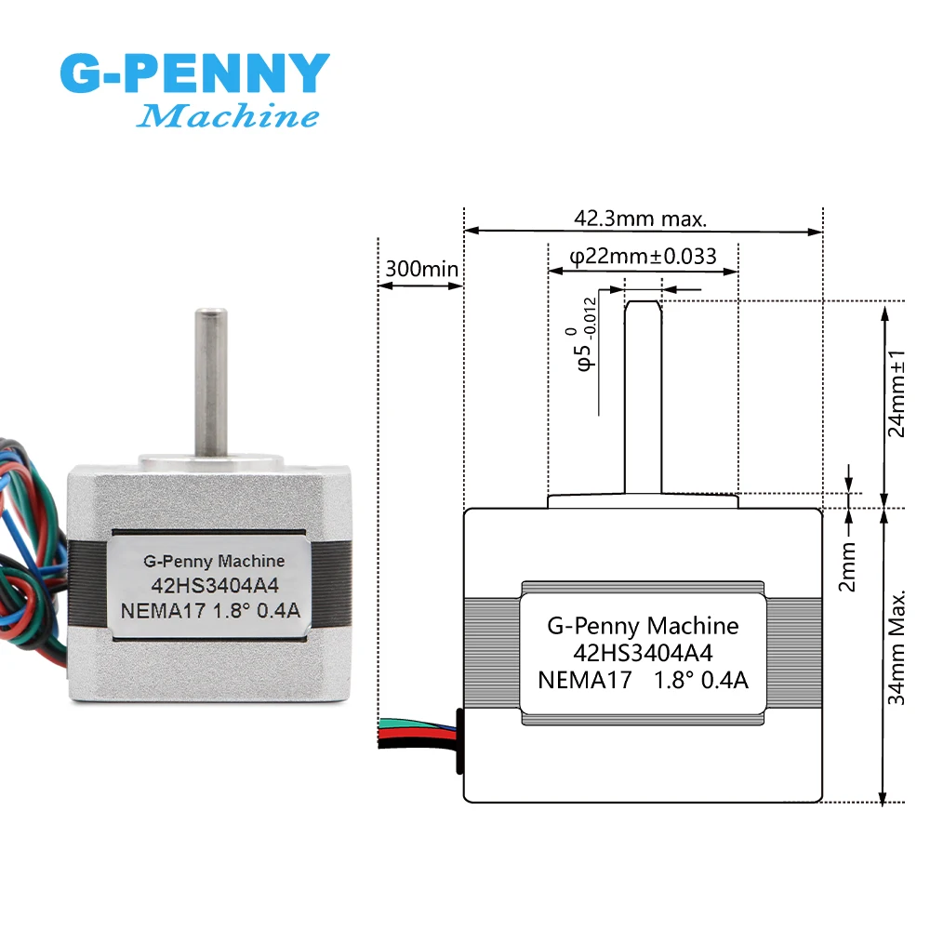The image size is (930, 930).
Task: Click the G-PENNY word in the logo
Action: pyautogui.click(x=194, y=73)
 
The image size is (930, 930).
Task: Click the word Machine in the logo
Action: pyautogui.click(x=229, y=117)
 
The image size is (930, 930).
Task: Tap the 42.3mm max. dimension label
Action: pyautogui.click(x=641, y=219)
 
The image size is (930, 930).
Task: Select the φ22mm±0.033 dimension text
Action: pyautogui.click(x=642, y=256)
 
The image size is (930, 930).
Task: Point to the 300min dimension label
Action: pyautogui.click(x=421, y=269)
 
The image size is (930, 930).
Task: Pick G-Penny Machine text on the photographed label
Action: pyautogui.click(x=214, y=561)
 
